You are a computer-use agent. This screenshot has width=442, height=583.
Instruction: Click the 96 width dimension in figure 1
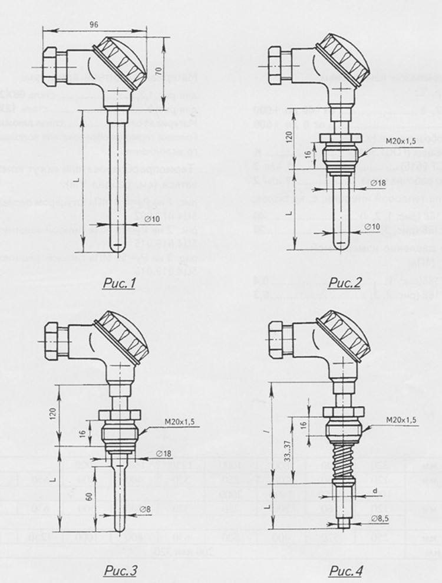[x=93, y=25]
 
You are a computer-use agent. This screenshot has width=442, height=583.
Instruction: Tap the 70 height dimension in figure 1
[x=159, y=71]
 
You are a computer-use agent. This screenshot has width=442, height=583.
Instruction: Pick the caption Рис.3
[x=120, y=570]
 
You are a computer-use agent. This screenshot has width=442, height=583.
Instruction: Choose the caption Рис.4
[x=346, y=570]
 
